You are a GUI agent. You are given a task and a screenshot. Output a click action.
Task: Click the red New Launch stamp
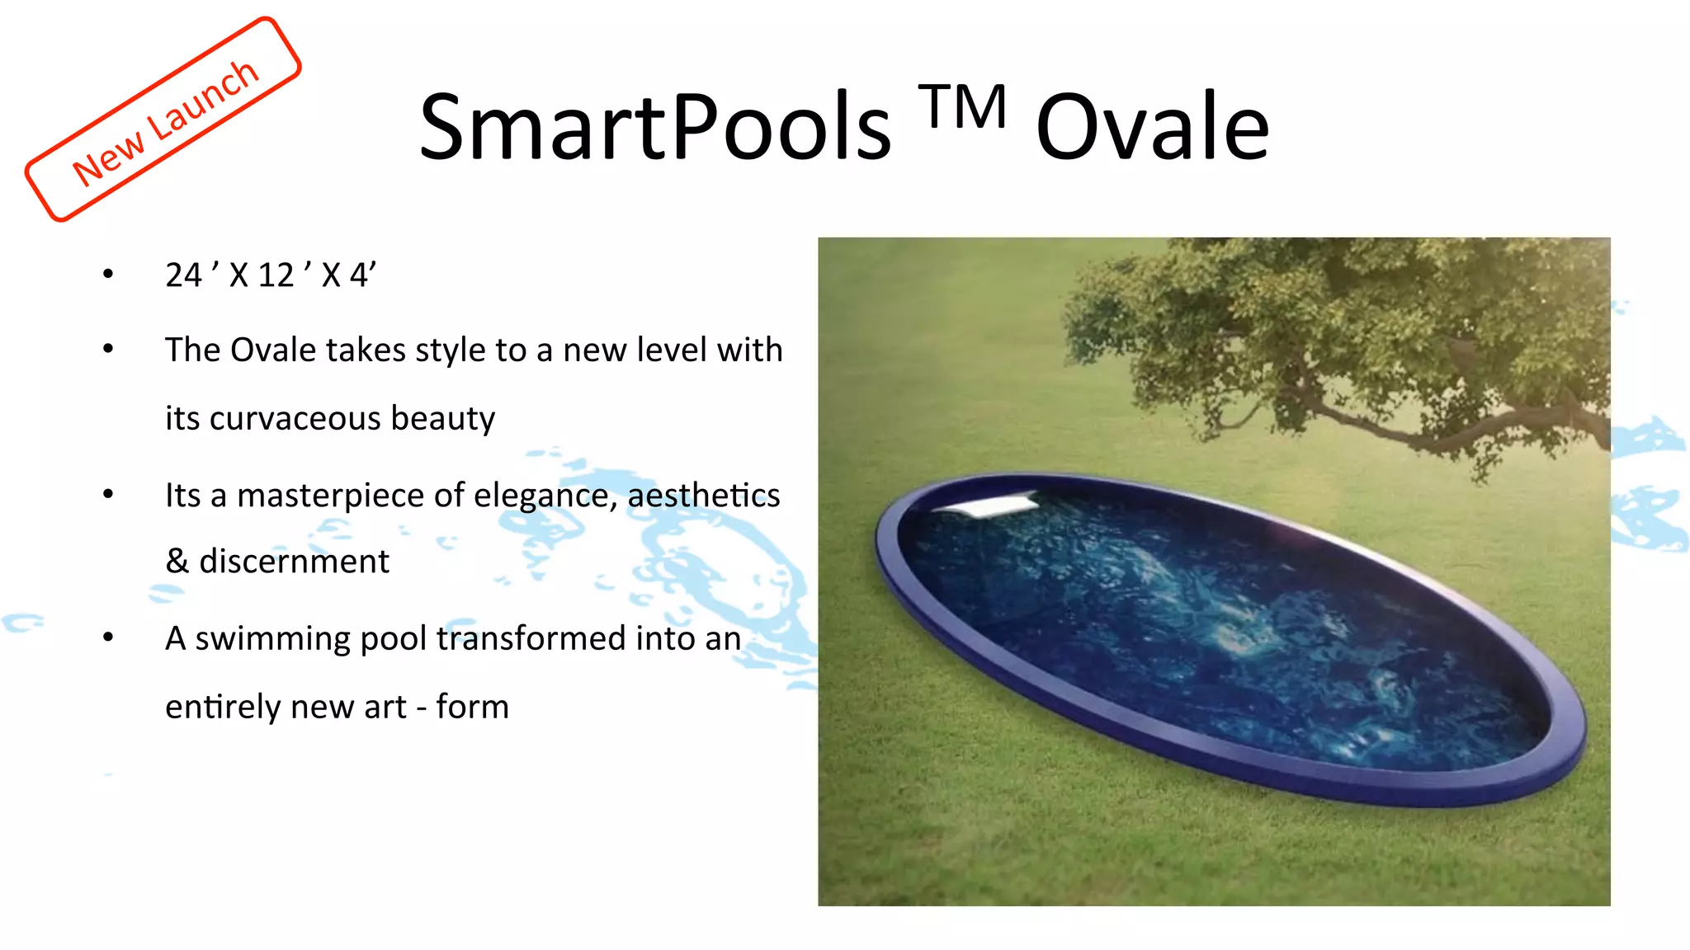point(163,120)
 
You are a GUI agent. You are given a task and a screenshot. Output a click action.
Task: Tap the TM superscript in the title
point(964,107)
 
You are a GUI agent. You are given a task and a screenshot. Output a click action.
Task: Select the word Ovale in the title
point(1152,128)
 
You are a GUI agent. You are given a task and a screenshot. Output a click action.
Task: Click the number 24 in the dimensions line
point(183,275)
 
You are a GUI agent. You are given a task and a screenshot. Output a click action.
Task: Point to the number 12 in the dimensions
point(276,275)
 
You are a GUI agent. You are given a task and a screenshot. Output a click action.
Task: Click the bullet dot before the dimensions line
point(108,274)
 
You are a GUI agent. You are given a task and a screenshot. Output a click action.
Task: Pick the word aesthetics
point(703,495)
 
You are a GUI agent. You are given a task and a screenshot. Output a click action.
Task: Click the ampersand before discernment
point(177,562)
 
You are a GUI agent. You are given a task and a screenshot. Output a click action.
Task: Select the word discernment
point(294,562)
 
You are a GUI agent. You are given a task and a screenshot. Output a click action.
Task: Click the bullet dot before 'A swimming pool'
point(108,637)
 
